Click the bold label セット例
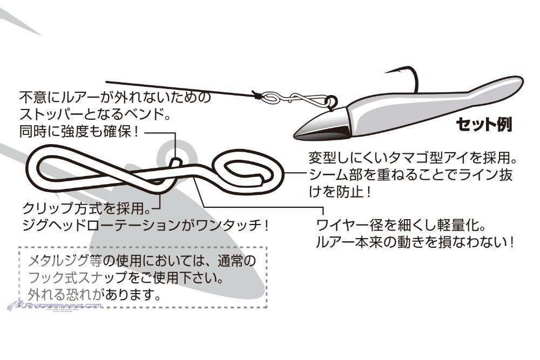click(484, 125)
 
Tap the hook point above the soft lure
click(386, 72)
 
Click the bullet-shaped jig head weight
click(322, 124)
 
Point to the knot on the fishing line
click(256, 95)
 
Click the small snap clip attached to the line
click(295, 98)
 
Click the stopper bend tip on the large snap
click(176, 161)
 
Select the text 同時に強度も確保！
click(79, 132)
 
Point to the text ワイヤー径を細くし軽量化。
click(401, 226)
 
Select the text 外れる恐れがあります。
click(94, 295)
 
